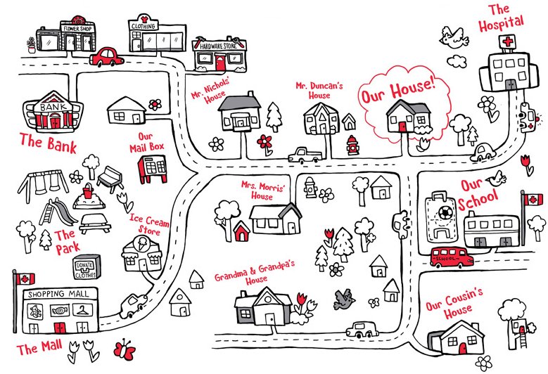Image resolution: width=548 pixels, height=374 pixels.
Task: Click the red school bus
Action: pyautogui.click(x=451, y=257)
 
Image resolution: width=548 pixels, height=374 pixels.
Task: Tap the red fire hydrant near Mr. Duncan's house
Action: pyautogui.click(x=352, y=146)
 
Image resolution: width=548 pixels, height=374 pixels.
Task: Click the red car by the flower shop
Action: pyautogui.click(x=108, y=56)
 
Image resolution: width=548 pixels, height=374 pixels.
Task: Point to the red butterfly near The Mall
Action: pyautogui.click(x=125, y=349)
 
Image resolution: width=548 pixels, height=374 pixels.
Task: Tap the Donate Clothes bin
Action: pyautogui.click(x=84, y=266)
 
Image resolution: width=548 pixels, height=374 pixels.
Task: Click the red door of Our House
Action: pyautogui.click(x=402, y=127)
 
